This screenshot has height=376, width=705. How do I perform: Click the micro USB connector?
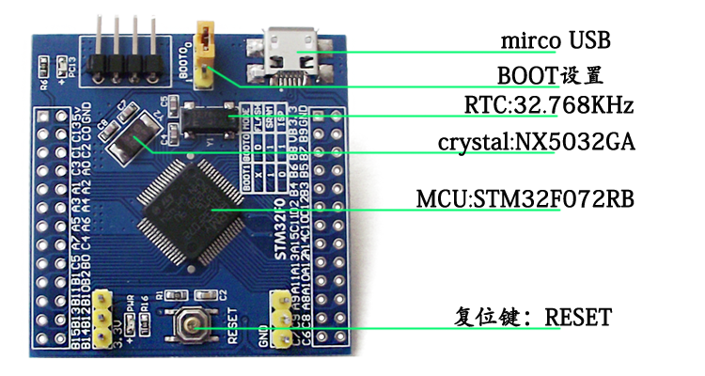click(292, 51)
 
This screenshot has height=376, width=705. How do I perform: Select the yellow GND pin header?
click(279, 320)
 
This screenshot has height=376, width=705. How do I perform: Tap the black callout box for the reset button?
click(534, 317)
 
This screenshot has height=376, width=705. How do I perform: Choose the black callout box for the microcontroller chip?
click(525, 198)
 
